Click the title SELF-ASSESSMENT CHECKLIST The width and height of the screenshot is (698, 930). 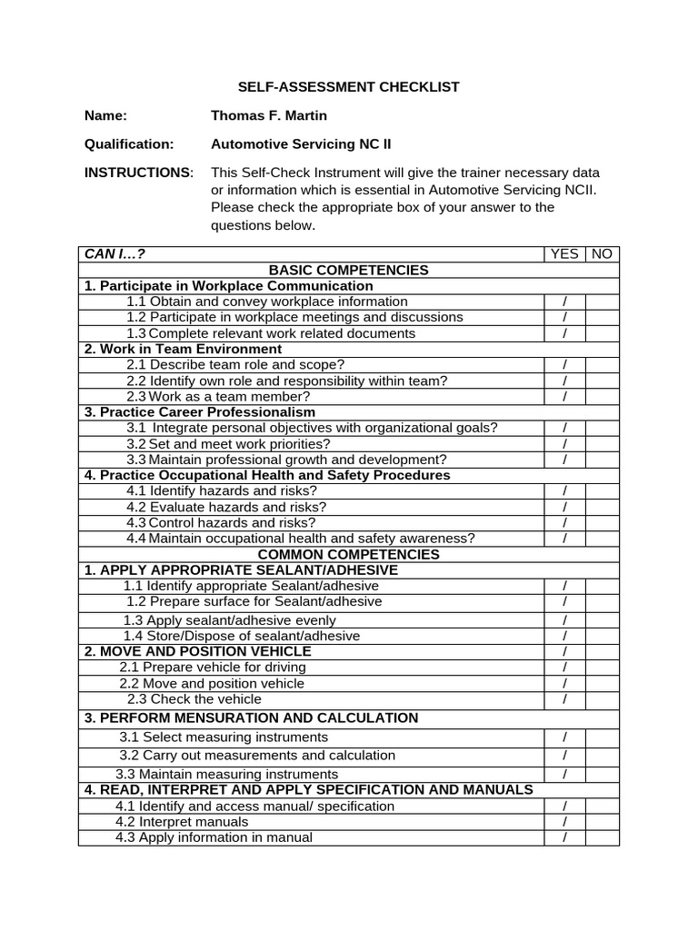[348, 87]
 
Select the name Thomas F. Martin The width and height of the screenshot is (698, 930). [269, 115]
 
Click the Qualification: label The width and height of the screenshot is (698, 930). [128, 143]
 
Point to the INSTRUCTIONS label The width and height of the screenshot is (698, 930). [138, 173]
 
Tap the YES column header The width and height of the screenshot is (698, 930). [564, 253]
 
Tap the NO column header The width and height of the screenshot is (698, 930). [602, 253]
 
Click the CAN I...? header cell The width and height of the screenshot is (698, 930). [115, 253]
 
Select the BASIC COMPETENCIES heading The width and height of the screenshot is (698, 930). [348, 270]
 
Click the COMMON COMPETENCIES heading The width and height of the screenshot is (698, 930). [348, 554]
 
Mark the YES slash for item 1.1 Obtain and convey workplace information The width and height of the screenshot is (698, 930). [564, 302]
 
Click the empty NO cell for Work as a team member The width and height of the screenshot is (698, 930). [602, 396]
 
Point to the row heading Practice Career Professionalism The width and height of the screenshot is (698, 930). [200, 412]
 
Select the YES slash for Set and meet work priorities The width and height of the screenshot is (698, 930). [564, 444]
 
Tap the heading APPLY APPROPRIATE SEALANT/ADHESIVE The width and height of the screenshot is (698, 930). [241, 569]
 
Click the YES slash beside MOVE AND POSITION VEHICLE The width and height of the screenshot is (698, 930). [564, 651]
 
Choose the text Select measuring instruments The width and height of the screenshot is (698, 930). [224, 737]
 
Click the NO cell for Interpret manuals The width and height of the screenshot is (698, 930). [602, 822]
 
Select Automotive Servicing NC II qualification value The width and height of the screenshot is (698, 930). [301, 143]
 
